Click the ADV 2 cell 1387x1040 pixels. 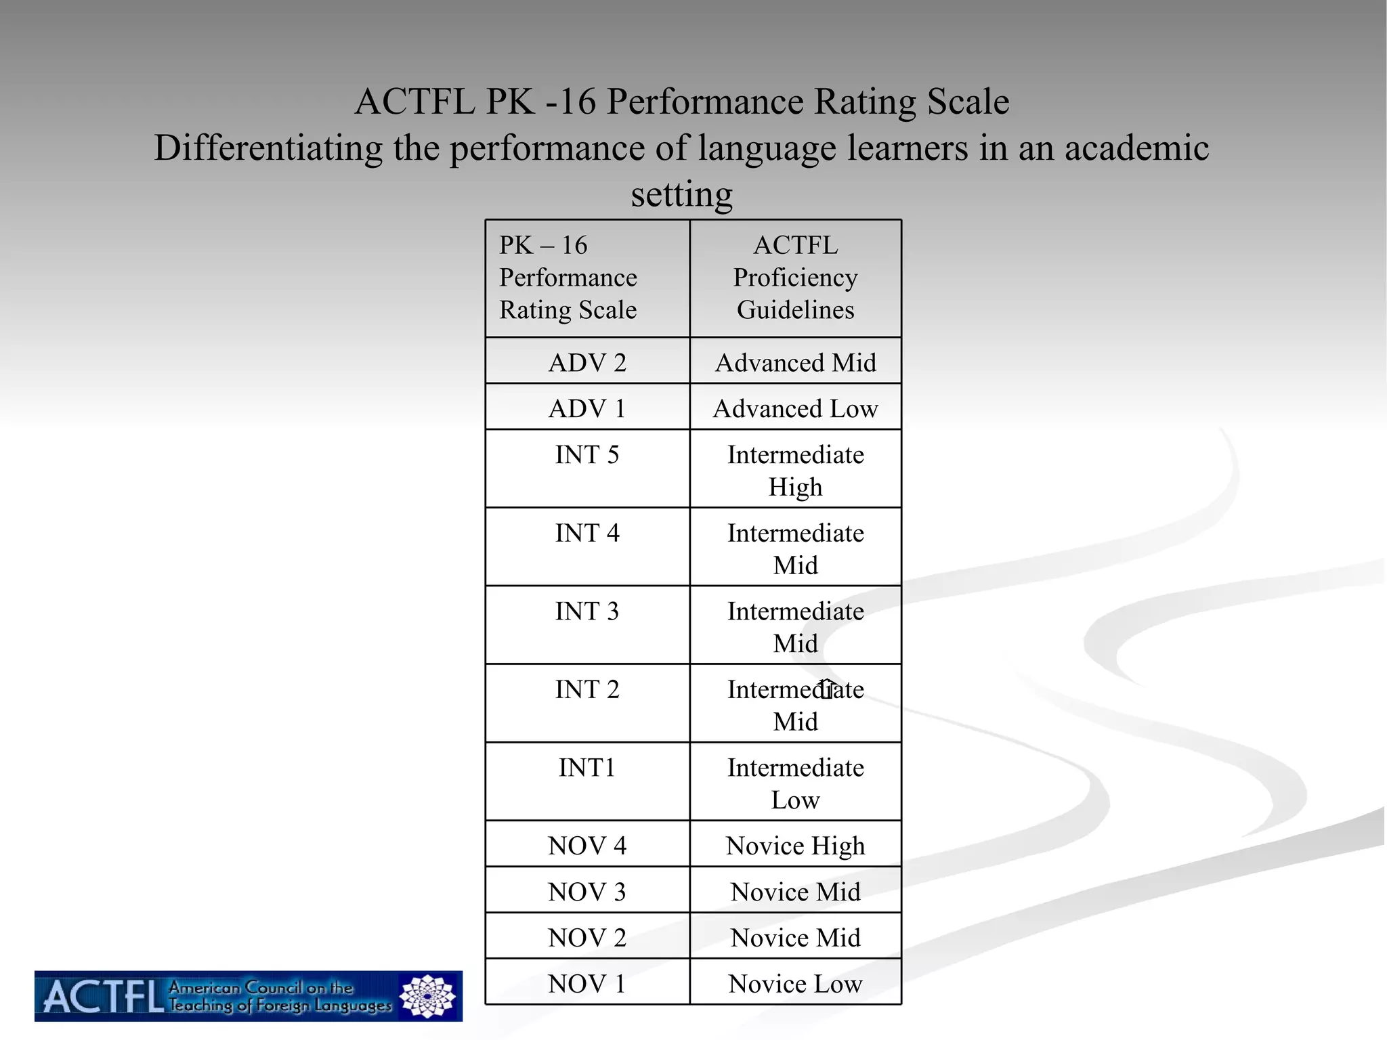tap(587, 363)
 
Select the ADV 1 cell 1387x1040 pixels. tap(587, 409)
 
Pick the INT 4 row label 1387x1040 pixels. tap(587, 534)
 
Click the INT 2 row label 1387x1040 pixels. tap(587, 690)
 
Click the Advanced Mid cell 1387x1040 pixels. tap(796, 363)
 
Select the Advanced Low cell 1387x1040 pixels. tap(796, 409)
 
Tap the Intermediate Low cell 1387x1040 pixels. tap(796, 784)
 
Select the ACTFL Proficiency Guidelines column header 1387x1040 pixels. tap(796, 278)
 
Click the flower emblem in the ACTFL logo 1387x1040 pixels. tap(427, 996)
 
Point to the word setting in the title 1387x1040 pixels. tap(682, 194)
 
